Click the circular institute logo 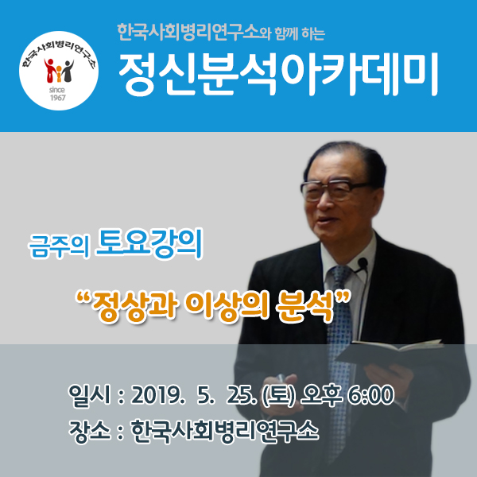pos(59,71)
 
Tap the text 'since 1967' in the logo pos(57,94)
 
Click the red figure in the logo pos(50,70)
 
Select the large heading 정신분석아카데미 pos(278,75)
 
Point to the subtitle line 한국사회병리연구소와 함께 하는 pos(221,33)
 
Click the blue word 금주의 pos(60,246)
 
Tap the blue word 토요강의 pos(149,244)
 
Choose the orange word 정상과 pos(134,306)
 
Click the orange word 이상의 pos(227,306)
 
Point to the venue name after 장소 pos(225,431)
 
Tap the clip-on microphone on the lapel pos(362,263)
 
